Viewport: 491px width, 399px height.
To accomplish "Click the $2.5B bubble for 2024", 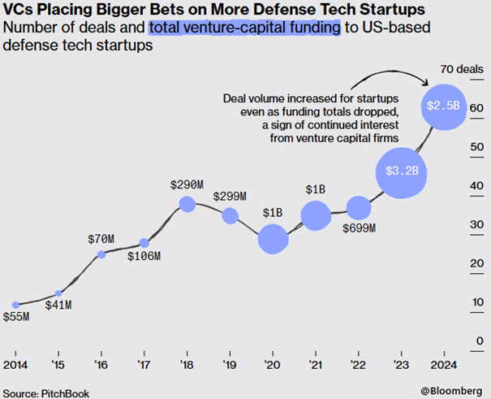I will tap(445, 106).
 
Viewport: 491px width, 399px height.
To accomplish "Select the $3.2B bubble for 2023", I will tap(401, 171).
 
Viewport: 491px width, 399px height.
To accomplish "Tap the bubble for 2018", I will tap(187, 204).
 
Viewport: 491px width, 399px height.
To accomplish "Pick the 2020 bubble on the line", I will tap(273, 239).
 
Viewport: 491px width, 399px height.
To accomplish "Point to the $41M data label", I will tap(58, 306).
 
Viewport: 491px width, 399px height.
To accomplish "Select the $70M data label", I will tap(101, 239).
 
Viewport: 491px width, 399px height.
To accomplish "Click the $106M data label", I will tap(144, 257).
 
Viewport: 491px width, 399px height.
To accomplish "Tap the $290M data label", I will tap(187, 184).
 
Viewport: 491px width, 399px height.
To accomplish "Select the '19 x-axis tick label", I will tap(230, 364).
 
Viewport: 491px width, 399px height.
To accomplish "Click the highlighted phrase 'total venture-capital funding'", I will tap(243, 28).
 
